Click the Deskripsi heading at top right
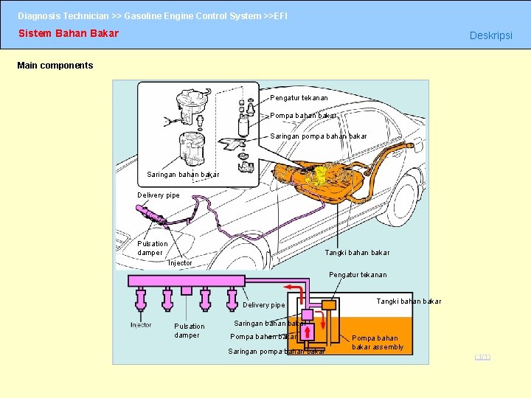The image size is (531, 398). (490, 36)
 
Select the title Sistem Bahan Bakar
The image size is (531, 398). (68, 33)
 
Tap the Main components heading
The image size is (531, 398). (55, 66)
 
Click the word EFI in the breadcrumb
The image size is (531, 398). (280, 15)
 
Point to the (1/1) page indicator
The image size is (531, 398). (482, 357)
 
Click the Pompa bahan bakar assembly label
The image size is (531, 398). (377, 343)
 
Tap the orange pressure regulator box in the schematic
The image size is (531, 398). (327, 304)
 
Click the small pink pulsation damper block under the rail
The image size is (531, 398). (187, 290)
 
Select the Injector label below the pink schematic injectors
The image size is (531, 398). (141, 324)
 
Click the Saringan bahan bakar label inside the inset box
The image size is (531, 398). (183, 175)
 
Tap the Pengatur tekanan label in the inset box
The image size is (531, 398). (299, 97)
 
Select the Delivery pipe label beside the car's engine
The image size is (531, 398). (159, 195)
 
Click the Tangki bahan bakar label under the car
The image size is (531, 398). (357, 252)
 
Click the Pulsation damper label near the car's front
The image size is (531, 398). (153, 248)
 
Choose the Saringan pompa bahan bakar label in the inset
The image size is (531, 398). (318, 136)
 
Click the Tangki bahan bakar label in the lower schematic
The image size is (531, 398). (409, 301)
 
